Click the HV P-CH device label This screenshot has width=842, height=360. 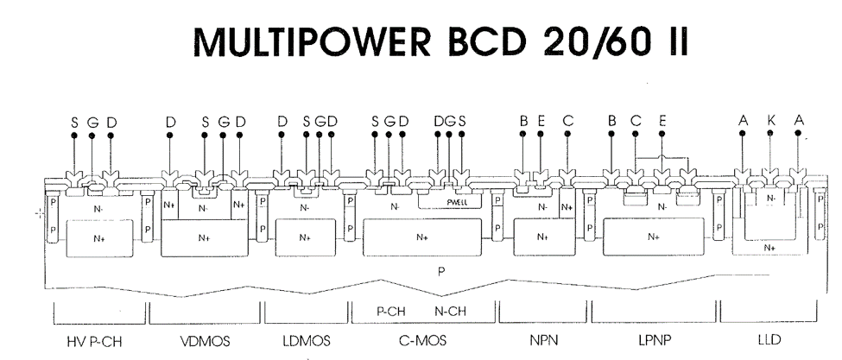tap(95, 341)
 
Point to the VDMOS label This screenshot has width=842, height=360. tap(204, 341)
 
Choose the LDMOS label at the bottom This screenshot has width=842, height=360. tap(306, 341)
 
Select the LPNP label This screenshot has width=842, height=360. tap(654, 341)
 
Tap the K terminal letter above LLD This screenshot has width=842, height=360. tap(770, 123)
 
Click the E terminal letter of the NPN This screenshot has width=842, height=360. tap(541, 123)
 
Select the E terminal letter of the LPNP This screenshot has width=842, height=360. tap(662, 123)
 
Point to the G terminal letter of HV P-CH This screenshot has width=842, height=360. tap(92, 123)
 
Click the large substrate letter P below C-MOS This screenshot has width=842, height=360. tap(441, 269)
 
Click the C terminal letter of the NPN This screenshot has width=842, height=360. tap(567, 123)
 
